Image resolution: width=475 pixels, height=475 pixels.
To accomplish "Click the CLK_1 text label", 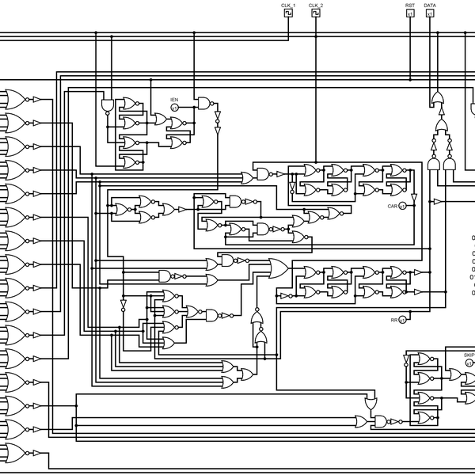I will tap(288, 6).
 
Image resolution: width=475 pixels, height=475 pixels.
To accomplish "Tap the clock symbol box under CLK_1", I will tap(288, 13).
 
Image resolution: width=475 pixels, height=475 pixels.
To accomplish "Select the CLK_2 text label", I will tap(316, 6).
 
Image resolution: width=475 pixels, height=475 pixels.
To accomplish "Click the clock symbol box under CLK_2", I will tap(316, 13).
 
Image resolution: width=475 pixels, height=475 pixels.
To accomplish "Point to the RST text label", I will tap(410, 6).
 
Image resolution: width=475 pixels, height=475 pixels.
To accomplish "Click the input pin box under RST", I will tap(410, 13).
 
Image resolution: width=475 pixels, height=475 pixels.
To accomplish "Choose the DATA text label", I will tap(430, 6).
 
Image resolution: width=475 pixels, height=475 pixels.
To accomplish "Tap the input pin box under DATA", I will tap(430, 13).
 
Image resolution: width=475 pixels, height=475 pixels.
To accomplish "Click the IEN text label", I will tap(174, 100).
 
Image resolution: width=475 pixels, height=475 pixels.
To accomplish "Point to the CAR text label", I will tap(391, 206).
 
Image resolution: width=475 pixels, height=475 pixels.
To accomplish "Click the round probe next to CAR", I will tap(402, 206).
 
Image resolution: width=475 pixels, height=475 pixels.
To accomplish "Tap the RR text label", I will tap(393, 320).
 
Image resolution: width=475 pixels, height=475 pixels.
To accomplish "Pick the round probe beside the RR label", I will tap(402, 320).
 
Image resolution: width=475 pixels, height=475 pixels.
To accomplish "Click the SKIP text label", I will tap(469, 355).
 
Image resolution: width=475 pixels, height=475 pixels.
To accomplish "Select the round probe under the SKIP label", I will tap(469, 363).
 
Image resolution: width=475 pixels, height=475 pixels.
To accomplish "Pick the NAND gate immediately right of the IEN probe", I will tap(204, 103).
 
